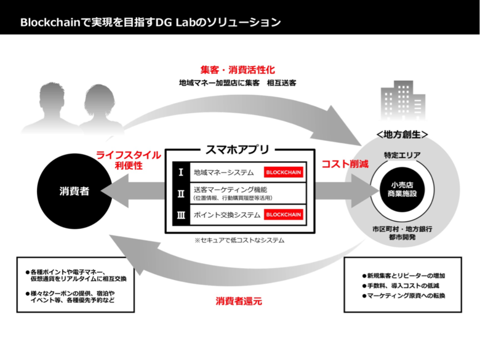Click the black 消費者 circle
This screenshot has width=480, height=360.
74,191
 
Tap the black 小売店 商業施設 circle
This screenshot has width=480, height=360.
402,190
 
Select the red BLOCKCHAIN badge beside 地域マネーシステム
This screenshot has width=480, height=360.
284,172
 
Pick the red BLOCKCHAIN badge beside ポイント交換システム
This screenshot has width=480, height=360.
284,215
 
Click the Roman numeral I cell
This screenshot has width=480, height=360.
181,172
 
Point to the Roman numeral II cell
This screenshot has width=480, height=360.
181,193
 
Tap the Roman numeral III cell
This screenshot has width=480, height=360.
181,215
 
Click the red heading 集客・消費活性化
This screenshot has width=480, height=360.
238,70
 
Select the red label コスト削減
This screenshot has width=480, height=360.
345,164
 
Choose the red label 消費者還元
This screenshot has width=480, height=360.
239,301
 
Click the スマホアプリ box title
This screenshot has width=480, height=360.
238,150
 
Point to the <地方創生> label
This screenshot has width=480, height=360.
402,134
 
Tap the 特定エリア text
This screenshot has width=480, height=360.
402,155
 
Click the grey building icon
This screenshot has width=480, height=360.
403,100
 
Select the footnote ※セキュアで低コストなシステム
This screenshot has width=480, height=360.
239,240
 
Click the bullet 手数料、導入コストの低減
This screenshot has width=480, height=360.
401,286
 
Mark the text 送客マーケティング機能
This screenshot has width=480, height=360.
230,190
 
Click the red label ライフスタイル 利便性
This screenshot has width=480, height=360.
129,160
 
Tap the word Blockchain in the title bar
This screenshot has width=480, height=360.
50,22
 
